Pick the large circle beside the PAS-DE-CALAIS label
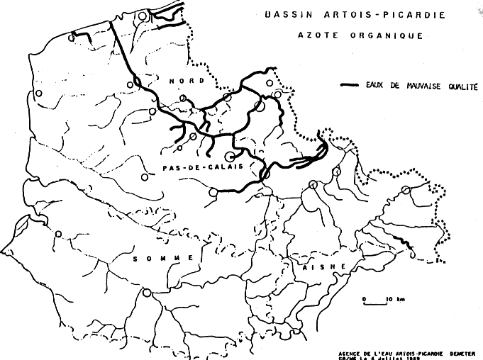230,157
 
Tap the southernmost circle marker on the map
147,293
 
